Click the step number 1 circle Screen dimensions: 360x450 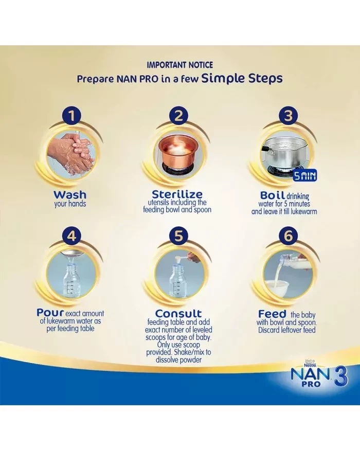72,115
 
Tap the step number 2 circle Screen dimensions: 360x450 178,115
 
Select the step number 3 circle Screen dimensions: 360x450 288,115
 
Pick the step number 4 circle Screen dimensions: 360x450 72,236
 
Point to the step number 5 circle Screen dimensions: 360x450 178,236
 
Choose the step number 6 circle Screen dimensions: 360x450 288,236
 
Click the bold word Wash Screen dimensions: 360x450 70,194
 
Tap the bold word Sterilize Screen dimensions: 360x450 177,194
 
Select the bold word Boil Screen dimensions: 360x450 273,195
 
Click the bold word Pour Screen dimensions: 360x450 50,313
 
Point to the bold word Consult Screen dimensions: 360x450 178,313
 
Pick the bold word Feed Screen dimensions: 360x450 272,313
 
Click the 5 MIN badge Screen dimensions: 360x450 304,176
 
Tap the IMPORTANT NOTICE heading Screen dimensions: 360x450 179,65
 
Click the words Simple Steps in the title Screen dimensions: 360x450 242,78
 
